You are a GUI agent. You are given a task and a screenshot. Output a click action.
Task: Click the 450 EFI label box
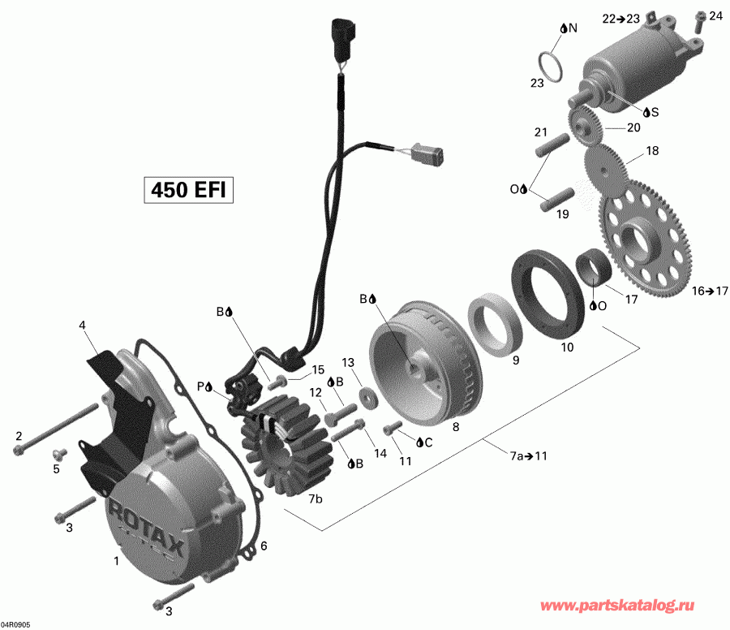click(189, 189)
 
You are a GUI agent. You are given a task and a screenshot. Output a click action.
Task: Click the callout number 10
click(567, 347)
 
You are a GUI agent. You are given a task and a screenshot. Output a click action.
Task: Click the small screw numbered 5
click(58, 452)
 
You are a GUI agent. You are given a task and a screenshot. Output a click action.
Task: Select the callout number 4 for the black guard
click(82, 326)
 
